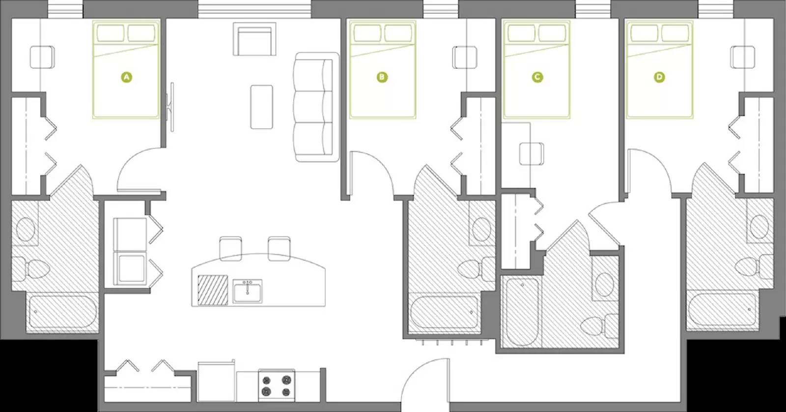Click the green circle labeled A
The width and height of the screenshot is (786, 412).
126,77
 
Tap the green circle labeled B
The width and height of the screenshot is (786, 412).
382,77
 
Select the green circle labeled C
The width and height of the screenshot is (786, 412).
537,77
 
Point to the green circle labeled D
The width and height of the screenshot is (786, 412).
659,77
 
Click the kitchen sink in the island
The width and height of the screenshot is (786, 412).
248,291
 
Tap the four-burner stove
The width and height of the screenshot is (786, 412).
276,385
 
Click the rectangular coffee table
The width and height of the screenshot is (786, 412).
261,107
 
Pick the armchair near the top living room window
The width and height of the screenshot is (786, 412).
254,41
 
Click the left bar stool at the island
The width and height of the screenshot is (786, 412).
230,248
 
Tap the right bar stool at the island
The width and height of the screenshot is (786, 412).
280,248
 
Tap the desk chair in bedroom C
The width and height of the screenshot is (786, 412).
532,153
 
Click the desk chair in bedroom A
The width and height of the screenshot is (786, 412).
42,57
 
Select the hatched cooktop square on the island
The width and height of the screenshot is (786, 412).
213,290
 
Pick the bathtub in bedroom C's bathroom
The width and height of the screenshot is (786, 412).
521,312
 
